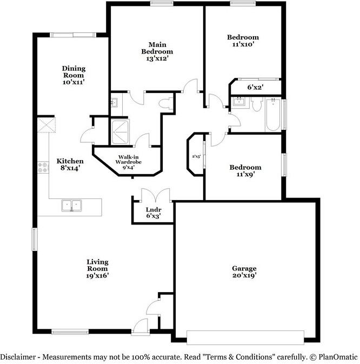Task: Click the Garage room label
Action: (244, 272)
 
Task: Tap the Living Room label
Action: (97, 268)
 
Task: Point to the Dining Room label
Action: (74, 75)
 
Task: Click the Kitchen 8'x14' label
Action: (70, 165)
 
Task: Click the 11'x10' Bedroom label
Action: (242, 41)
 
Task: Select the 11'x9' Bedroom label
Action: (243, 171)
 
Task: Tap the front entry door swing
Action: (141, 326)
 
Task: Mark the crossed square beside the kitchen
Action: (46, 125)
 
